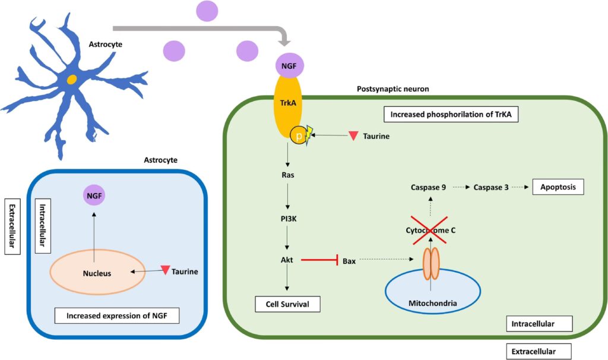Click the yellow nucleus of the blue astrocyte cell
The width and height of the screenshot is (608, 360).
coord(71,80)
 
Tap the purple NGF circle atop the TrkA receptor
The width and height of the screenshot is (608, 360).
coord(289,65)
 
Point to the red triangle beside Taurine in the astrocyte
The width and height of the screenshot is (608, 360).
coord(164,271)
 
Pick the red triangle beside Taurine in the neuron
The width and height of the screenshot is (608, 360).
coord(353,136)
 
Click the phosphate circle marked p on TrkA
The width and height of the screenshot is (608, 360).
coord(298,136)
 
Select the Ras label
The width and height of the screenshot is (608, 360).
coord(288,175)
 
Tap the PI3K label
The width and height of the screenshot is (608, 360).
coord(288,218)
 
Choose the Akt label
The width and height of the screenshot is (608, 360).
coord(288,260)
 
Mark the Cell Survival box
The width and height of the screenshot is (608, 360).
coord(287,304)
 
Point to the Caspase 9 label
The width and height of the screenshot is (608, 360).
coord(428,187)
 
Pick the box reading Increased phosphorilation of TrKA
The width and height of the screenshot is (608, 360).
coord(451,114)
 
